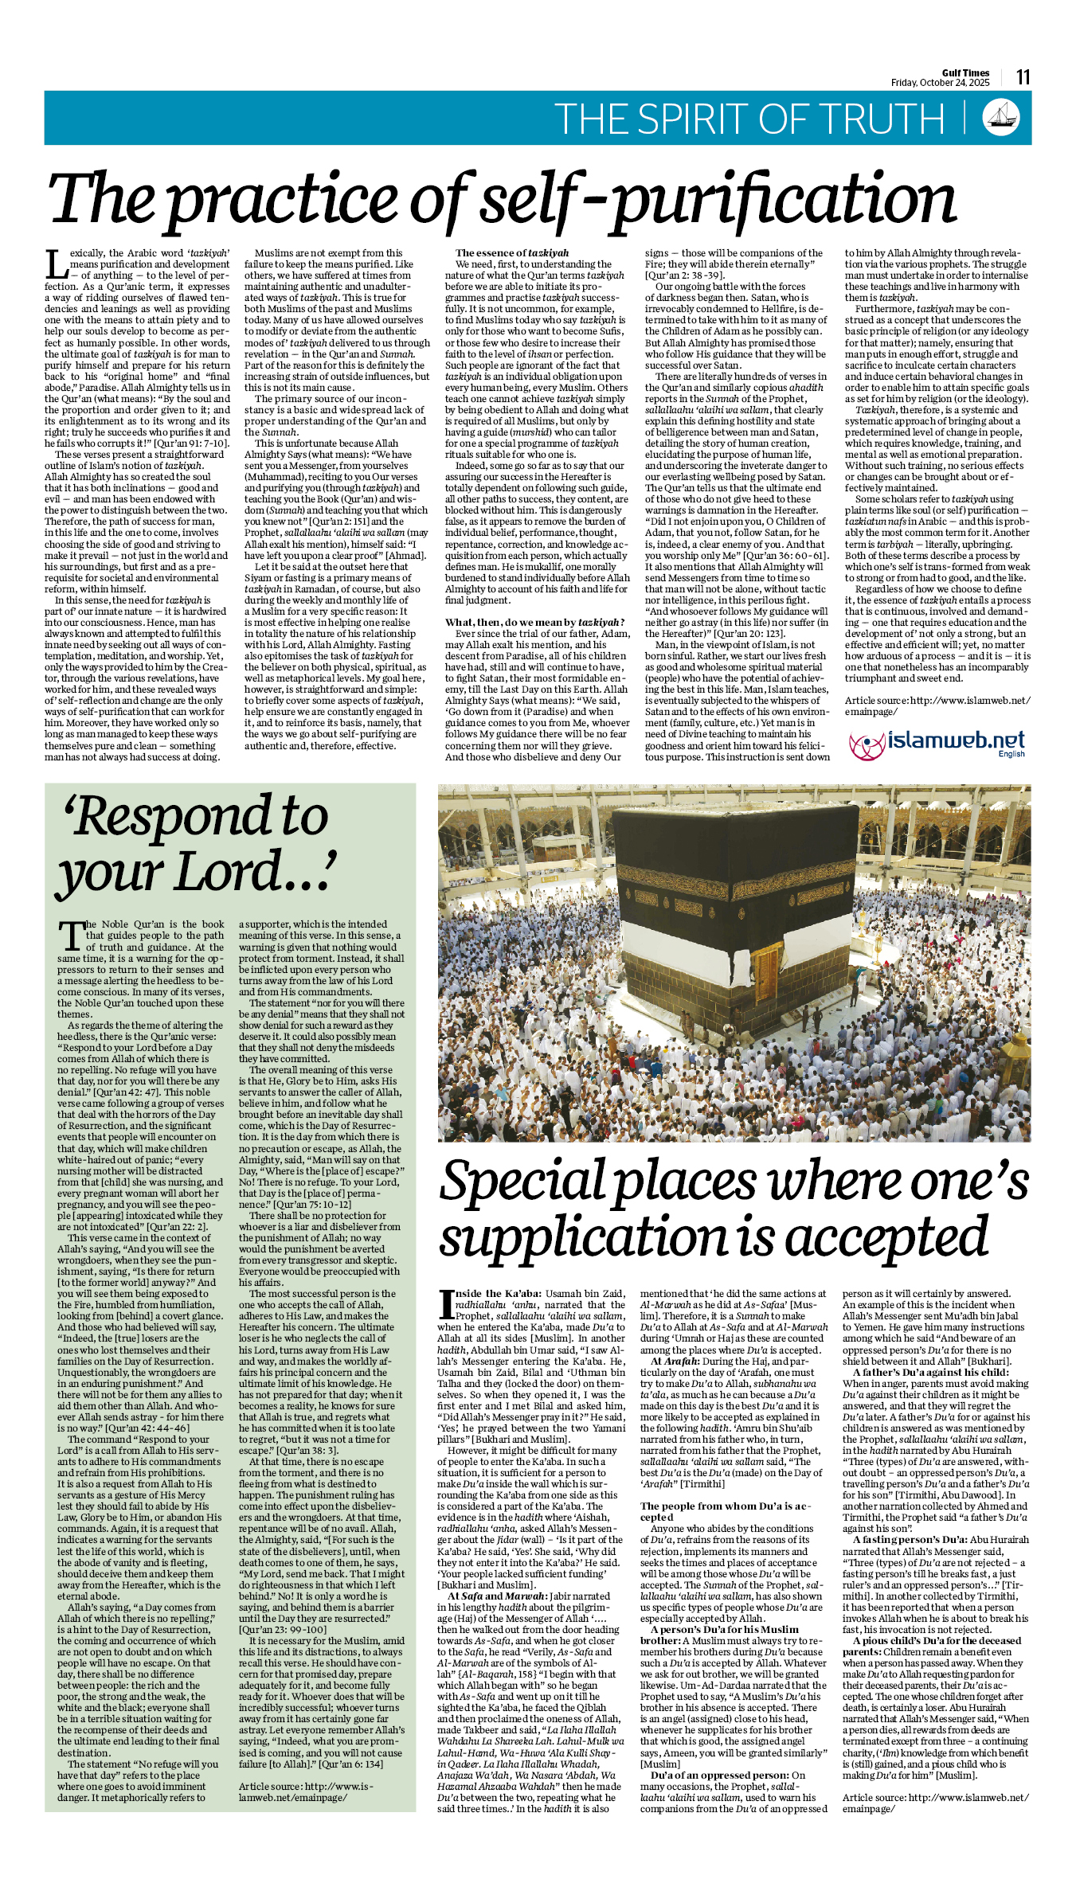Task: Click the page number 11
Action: click(1023, 77)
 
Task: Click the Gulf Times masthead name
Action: click(965, 72)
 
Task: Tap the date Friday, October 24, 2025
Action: click(940, 83)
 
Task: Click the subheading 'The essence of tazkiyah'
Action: click(512, 253)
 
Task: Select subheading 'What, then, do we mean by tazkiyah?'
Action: click(534, 623)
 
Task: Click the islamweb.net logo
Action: click(936, 743)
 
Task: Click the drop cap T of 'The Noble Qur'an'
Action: click(72, 936)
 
